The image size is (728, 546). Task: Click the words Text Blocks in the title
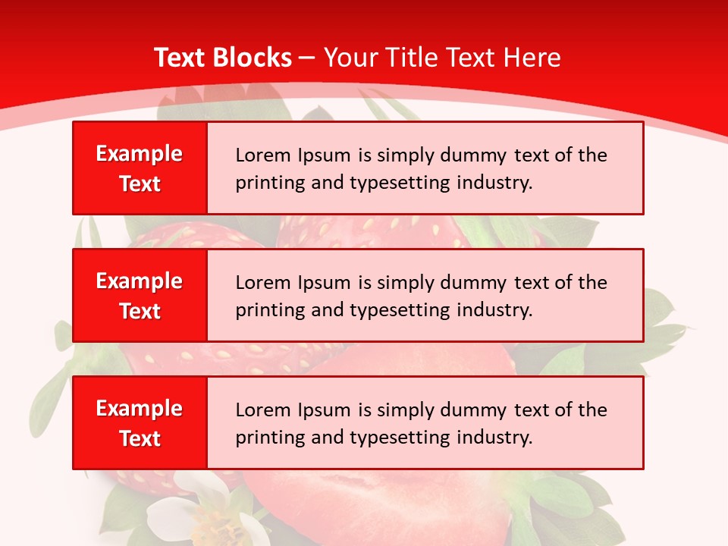223,58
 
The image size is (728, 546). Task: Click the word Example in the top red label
140,154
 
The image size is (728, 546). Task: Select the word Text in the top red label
140,184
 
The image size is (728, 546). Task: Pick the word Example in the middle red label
140,281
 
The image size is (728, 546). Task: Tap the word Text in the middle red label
140,311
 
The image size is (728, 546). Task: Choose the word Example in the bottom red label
140,409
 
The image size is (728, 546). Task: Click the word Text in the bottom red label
140,438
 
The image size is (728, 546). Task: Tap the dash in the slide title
308,58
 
